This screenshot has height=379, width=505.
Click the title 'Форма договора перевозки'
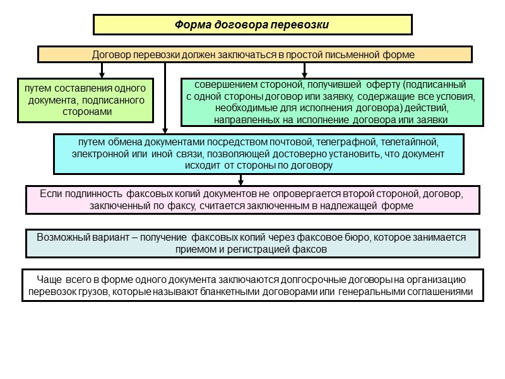252,25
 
